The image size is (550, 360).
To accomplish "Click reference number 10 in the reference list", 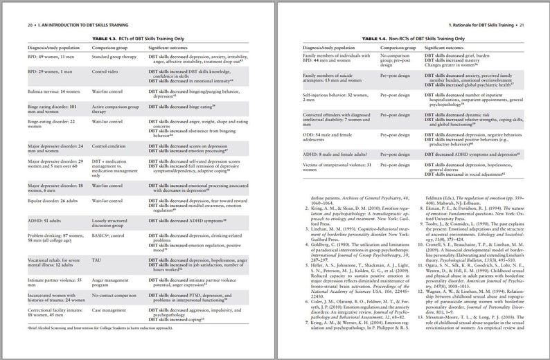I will tap(418, 244).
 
